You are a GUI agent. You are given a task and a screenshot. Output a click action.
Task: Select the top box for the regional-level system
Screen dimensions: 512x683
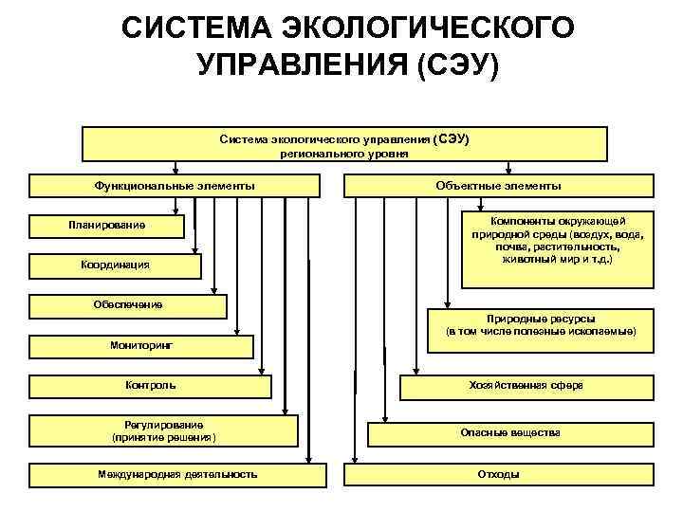point(344,144)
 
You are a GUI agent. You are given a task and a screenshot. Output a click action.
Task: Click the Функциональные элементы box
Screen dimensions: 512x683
point(175,186)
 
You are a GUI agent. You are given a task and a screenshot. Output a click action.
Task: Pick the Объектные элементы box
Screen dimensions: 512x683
point(497,186)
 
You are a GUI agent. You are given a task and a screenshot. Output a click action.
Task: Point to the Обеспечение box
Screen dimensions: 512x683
point(128,305)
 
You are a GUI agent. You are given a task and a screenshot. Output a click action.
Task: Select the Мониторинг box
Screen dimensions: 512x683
point(141,346)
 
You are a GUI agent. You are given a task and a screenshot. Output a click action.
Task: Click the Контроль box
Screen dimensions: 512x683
point(150,386)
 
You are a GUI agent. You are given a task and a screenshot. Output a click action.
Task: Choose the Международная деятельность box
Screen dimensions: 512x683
point(176,474)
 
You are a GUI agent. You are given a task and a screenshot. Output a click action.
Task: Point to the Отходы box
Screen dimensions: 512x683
point(497,474)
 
